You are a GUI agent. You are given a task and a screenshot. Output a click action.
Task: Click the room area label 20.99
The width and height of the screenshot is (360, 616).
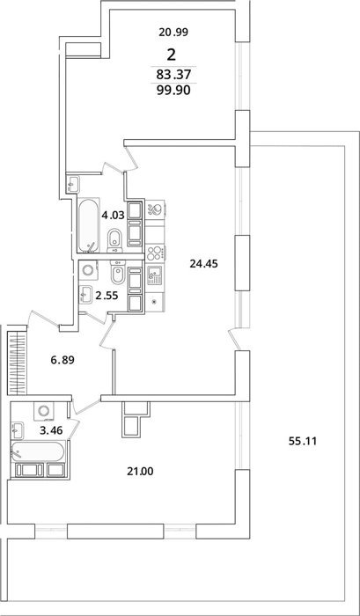click(173, 33)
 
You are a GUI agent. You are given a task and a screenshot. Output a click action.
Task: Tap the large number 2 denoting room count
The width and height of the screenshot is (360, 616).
click(172, 55)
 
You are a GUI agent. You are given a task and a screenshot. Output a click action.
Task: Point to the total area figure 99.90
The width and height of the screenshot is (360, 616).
click(173, 91)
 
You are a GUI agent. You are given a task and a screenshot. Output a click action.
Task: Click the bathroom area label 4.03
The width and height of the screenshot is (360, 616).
click(113, 216)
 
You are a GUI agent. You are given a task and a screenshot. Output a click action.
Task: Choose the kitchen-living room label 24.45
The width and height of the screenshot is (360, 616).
click(203, 264)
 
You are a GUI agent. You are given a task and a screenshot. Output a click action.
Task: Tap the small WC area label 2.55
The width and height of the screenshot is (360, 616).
click(107, 296)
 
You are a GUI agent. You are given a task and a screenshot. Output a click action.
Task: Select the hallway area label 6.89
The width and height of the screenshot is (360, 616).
click(62, 359)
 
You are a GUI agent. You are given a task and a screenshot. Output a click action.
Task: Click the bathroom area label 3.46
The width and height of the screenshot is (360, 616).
click(51, 430)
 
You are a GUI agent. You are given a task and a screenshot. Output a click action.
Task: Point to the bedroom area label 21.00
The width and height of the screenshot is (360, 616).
click(140, 471)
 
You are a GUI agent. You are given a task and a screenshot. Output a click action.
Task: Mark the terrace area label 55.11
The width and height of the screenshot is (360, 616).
click(302, 441)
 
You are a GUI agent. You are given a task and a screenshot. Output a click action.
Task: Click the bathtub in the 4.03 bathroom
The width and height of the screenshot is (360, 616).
click(88, 225)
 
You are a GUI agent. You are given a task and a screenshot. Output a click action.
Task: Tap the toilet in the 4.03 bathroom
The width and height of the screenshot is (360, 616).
click(114, 239)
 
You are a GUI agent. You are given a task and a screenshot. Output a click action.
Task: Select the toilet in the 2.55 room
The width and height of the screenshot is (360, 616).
click(118, 272)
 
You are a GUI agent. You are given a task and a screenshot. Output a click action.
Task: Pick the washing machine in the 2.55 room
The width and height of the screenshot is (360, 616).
click(88, 271)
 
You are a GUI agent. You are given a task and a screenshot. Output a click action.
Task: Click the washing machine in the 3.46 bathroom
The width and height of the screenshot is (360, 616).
click(43, 411)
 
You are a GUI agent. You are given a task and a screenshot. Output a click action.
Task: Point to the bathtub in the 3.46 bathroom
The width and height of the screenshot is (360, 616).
click(38, 451)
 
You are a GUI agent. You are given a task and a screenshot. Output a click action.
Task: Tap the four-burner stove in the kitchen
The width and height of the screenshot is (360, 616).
click(155, 253)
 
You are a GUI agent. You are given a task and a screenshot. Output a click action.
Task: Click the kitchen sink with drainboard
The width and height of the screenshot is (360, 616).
click(154, 275)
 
